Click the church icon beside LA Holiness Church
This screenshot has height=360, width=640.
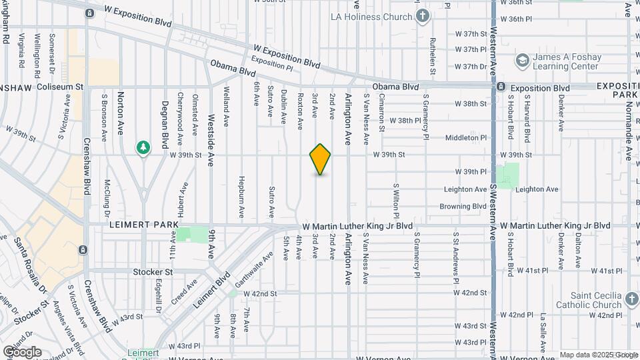coord(422,15)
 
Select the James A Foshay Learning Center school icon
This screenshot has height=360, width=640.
coord(523,61)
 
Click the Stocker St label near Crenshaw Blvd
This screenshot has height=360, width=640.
coord(153,272)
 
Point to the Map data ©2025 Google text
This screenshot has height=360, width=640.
coord(599,355)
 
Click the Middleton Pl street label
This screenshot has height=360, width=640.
coord(466,138)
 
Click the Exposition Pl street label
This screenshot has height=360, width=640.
coord(272,65)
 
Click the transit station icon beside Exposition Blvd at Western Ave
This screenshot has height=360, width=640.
coord(501,87)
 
